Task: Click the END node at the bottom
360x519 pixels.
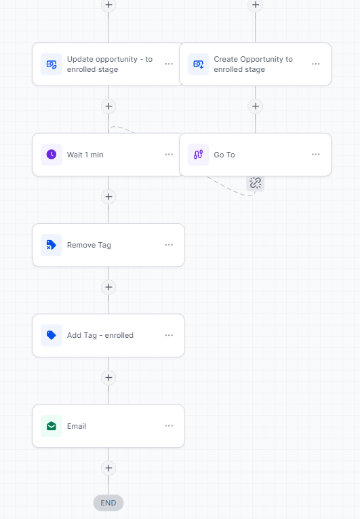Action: coord(108,503)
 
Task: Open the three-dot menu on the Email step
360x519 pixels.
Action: coord(169,425)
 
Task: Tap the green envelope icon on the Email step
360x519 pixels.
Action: coord(52,426)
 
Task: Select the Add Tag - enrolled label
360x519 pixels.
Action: coord(100,335)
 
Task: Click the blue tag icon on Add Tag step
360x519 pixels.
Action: coord(52,335)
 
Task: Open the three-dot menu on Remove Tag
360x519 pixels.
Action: coord(169,245)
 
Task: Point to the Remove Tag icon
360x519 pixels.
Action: coord(51,245)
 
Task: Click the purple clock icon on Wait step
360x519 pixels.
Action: coord(52,154)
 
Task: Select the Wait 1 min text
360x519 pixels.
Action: coord(85,155)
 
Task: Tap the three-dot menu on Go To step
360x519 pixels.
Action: coord(316,154)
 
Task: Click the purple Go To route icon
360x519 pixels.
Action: coord(198,154)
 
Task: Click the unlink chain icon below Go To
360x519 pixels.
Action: coord(255,182)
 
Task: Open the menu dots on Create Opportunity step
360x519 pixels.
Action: coord(316,64)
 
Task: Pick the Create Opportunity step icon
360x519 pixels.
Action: coord(198,64)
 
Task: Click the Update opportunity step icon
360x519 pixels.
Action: coord(52,64)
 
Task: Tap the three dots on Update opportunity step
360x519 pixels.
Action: coord(169,64)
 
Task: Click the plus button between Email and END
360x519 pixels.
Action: coord(108,468)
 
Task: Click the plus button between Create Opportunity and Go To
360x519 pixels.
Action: coord(255,107)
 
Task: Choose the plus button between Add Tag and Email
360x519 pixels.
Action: coord(108,378)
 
